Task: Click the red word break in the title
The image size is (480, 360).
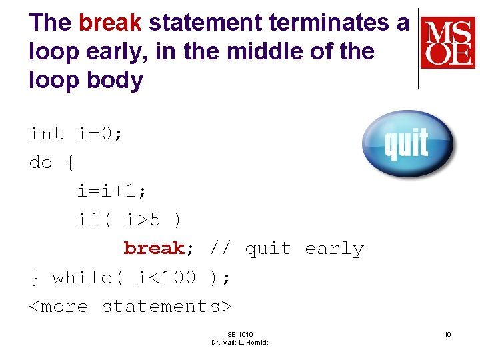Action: (110, 23)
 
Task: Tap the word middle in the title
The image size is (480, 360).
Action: (254, 51)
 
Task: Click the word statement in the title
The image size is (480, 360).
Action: (205, 23)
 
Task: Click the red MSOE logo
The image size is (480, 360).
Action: (447, 43)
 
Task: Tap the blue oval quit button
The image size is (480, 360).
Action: (407, 143)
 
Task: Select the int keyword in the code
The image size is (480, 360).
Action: (46, 134)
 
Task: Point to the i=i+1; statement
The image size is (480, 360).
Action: (111, 191)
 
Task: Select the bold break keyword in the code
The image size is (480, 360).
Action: (153, 249)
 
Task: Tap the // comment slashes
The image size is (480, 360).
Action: (220, 249)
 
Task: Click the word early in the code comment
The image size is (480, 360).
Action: (334, 249)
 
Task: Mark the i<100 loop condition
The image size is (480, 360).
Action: (166, 277)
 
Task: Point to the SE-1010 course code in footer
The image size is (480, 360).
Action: (240, 334)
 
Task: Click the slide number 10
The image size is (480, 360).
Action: (447, 334)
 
